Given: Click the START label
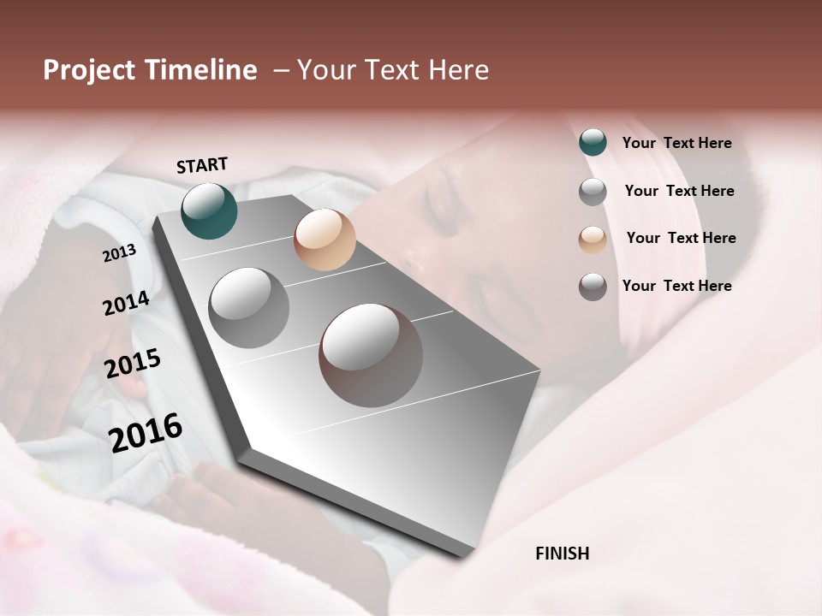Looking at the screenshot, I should (202, 165).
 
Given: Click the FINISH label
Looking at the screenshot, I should (562, 554).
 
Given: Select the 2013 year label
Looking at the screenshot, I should (119, 252).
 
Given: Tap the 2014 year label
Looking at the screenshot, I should (126, 303).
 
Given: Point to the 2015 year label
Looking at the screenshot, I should (133, 364).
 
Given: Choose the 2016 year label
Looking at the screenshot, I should (146, 432).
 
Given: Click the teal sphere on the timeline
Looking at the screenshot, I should (209, 210).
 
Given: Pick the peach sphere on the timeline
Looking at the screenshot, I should (325, 240).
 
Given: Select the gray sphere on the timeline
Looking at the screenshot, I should (248, 307).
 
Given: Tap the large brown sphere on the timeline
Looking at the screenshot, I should (371, 355).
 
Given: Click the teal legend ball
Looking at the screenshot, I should (593, 142).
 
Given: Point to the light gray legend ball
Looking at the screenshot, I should (593, 192).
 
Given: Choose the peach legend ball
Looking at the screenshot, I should (593, 240).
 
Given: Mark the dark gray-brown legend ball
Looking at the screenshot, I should (593, 287).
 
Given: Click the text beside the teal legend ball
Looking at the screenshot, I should (676, 143).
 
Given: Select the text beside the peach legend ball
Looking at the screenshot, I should (681, 238).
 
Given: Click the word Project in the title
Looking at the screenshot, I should (89, 70).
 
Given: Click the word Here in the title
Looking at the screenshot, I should (458, 70).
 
